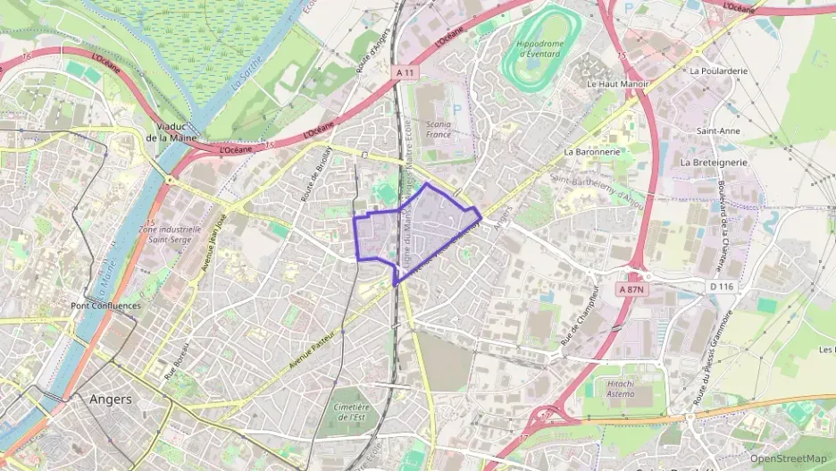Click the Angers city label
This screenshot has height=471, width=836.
111,400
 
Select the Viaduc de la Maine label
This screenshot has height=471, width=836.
171,132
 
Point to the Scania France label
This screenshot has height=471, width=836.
438,129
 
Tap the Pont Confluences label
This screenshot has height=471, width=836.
104,306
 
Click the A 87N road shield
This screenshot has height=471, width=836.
636,290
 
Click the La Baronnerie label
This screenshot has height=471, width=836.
591,152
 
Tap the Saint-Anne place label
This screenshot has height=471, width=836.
717,130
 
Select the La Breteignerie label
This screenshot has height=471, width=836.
713,163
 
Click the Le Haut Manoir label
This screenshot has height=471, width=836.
615,83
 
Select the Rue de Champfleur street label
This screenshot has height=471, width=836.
578,316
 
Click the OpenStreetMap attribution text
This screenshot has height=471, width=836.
788,458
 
